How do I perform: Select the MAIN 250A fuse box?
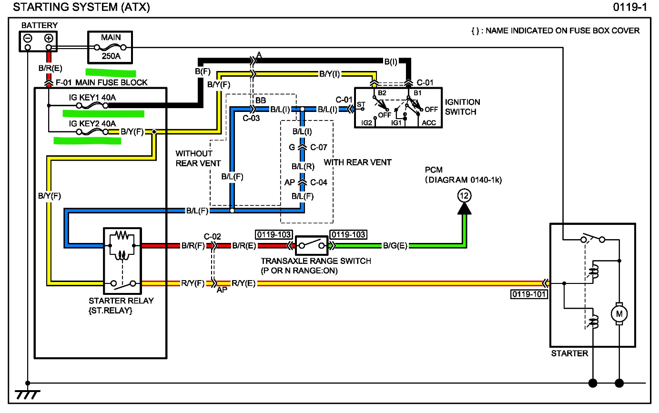point(111,47)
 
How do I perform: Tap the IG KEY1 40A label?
point(92,98)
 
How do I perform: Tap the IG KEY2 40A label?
point(92,124)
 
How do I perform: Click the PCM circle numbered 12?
point(464,195)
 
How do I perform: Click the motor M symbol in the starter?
point(619,313)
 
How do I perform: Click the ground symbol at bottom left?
point(28,394)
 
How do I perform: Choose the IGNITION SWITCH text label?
point(462,107)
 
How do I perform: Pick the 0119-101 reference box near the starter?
point(529,294)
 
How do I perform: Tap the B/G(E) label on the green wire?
point(395,246)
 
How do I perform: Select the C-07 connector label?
point(318,147)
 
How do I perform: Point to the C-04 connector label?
point(318,182)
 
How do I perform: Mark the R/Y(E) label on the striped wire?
point(243,283)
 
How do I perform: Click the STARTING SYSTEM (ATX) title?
point(81,7)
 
